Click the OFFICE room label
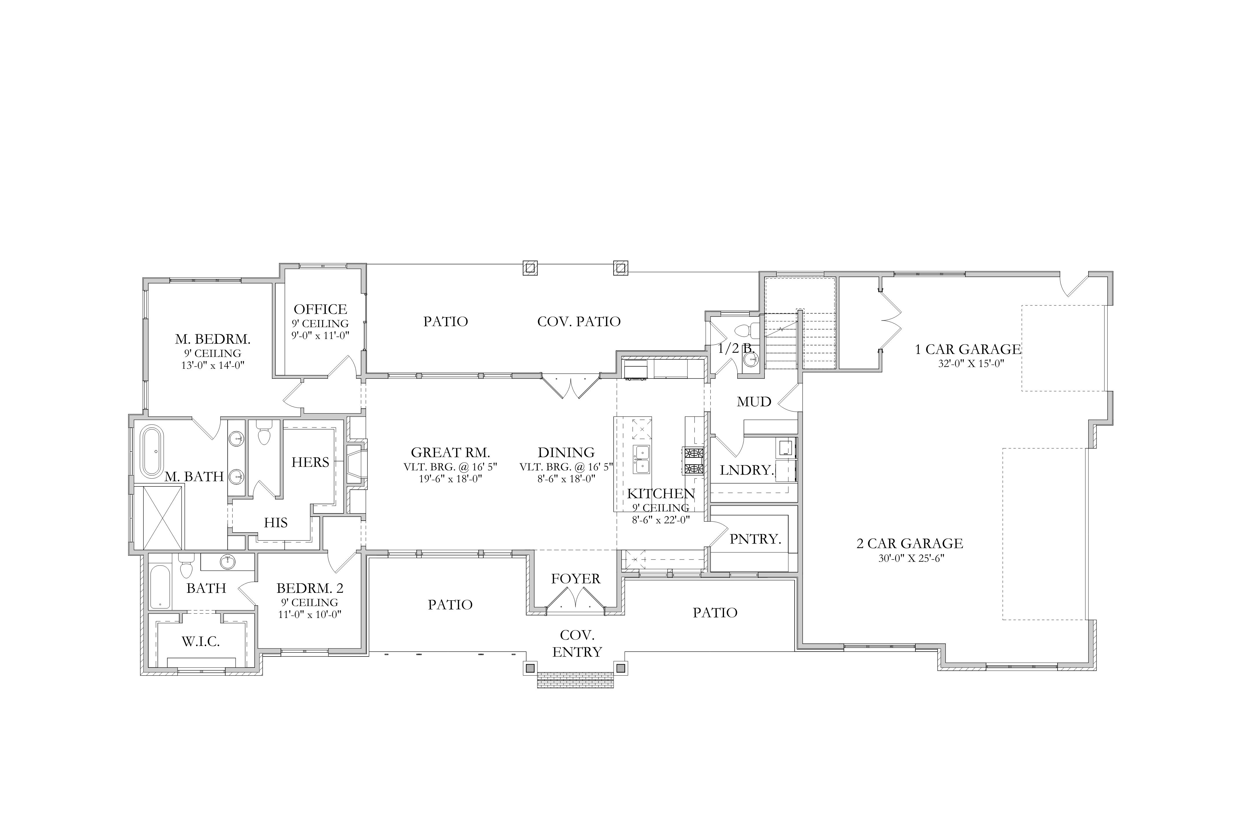(x=320, y=309)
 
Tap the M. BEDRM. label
(x=213, y=339)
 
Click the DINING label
(x=566, y=453)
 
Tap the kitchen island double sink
(x=641, y=460)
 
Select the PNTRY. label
(x=755, y=539)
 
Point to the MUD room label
(x=754, y=402)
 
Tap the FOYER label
(x=575, y=579)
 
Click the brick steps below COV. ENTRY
(x=575, y=680)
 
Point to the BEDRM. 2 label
(x=310, y=588)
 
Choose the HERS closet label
(x=310, y=462)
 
